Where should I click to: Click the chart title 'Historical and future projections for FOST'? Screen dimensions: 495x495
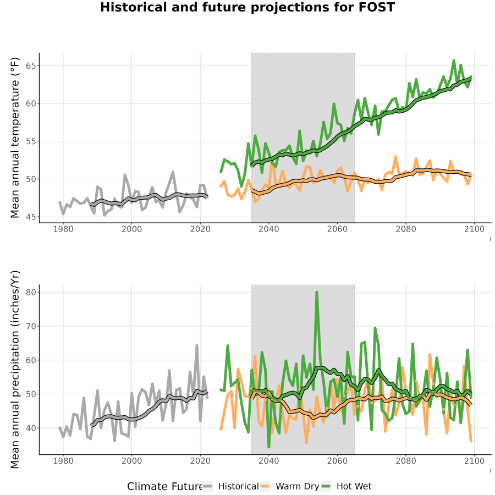248,7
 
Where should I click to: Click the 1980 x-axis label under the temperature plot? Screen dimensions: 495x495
63,229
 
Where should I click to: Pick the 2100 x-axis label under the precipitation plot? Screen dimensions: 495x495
474,461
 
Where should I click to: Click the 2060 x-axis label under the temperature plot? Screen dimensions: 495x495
337,229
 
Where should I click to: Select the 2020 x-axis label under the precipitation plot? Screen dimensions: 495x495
200,461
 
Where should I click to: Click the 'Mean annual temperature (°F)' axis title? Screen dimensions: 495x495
15,137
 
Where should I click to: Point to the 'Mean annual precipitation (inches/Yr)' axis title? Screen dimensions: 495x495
15,370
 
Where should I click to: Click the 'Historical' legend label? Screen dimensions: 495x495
238,486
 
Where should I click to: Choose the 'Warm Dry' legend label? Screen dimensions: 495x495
298,487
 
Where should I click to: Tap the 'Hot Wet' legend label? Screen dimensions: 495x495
354,486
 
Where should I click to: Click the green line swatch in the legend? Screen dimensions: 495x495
326,486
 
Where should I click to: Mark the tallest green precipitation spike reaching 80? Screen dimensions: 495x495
317,293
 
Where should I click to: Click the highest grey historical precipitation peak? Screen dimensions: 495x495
197,346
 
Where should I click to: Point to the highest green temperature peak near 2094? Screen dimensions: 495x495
454,61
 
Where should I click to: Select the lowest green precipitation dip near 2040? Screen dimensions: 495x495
268,447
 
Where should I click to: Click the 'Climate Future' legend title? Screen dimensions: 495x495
164,486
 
